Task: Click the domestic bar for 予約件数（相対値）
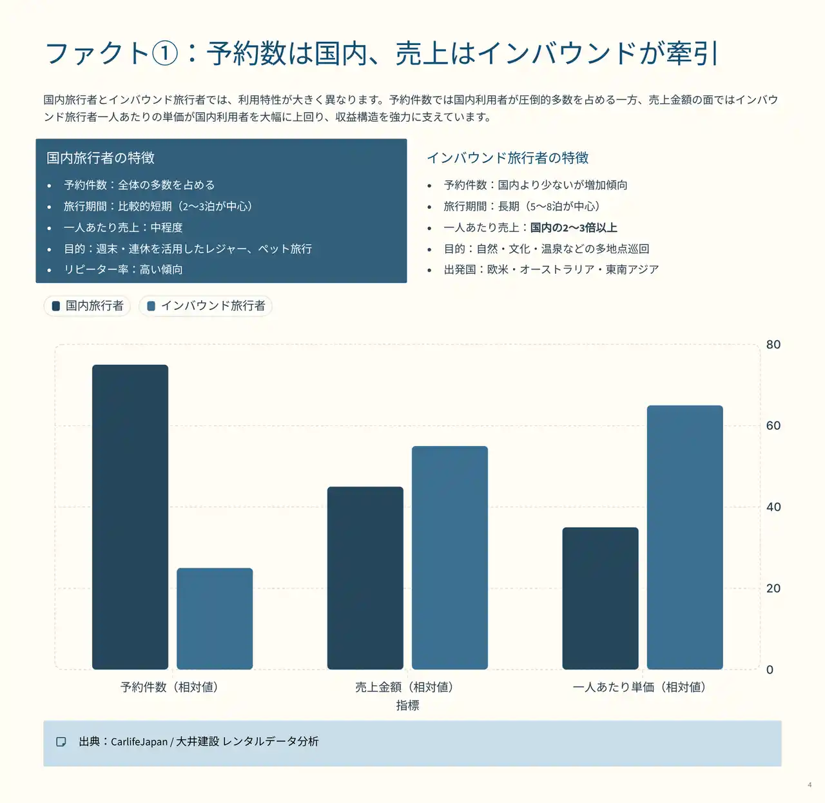click(x=130, y=517)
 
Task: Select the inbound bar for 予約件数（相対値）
click(x=215, y=619)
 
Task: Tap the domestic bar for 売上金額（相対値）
click(x=365, y=578)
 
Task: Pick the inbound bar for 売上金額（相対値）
click(x=450, y=557)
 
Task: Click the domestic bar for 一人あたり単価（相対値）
click(x=600, y=598)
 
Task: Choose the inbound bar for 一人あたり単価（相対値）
click(x=684, y=537)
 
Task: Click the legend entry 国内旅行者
click(x=88, y=305)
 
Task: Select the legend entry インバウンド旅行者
click(x=206, y=305)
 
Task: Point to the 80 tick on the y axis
click(x=773, y=345)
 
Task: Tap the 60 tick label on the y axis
click(x=773, y=426)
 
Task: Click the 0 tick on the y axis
click(x=770, y=670)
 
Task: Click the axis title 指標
click(x=407, y=705)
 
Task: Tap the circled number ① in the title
click(x=165, y=53)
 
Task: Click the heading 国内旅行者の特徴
click(x=101, y=158)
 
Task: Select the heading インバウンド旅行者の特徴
click(x=508, y=158)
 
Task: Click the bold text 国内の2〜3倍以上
click(x=574, y=227)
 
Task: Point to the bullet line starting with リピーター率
click(x=123, y=269)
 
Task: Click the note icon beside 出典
click(x=61, y=742)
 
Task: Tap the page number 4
click(x=810, y=784)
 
